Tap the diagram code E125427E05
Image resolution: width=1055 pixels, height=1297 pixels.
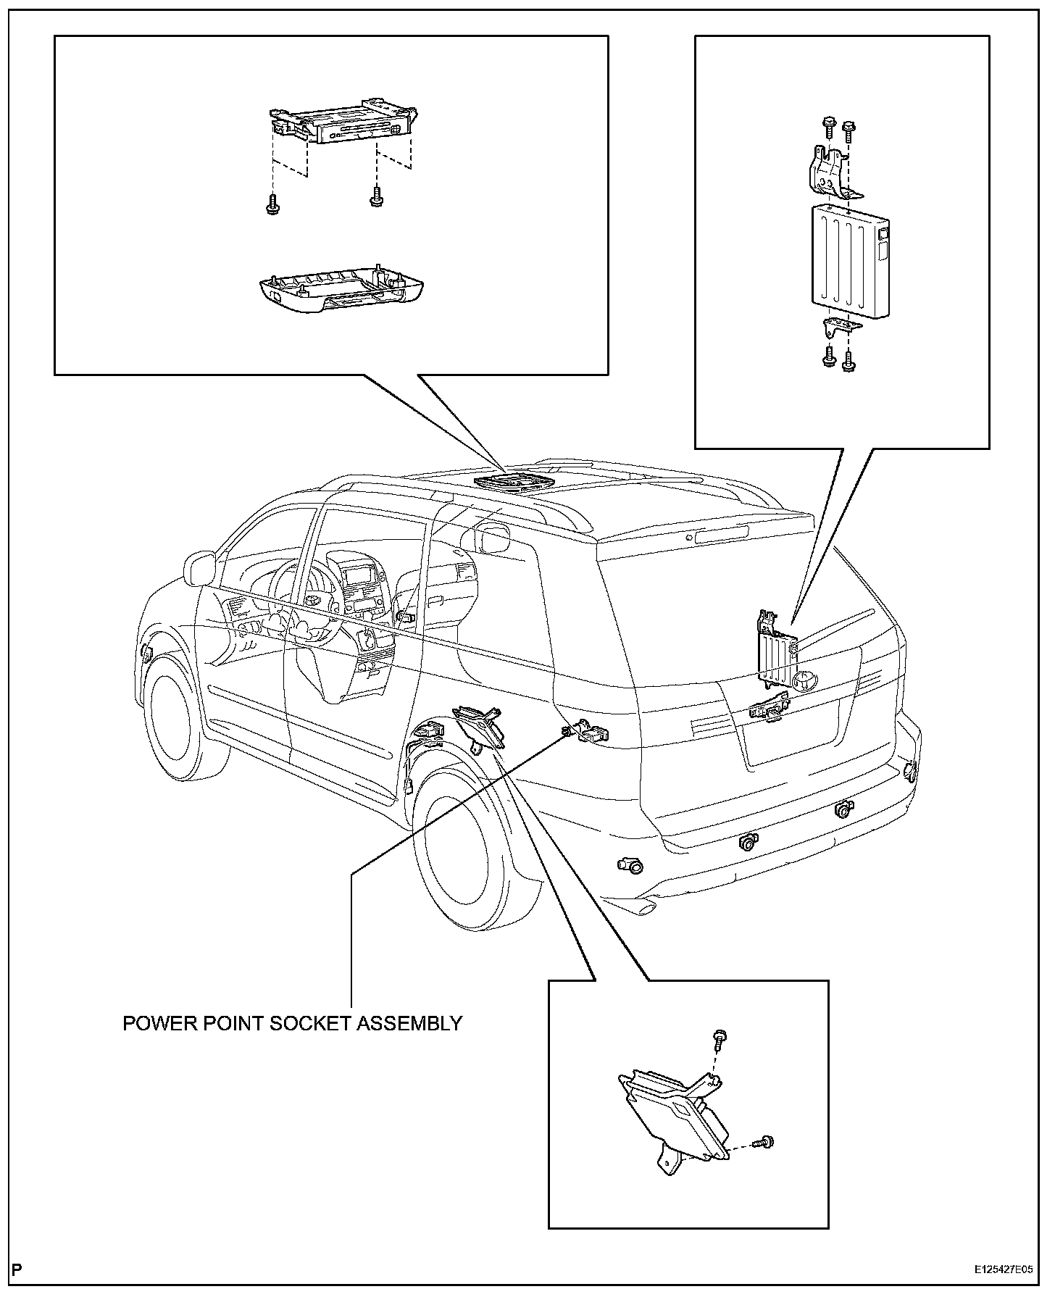coord(1004,1270)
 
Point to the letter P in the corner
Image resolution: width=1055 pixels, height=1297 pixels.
coord(17,1269)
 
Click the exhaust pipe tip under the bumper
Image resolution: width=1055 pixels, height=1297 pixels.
coord(644,906)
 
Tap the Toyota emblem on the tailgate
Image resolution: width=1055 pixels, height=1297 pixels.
coord(804,680)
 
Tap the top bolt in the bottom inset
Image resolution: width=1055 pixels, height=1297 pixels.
coord(720,1038)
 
